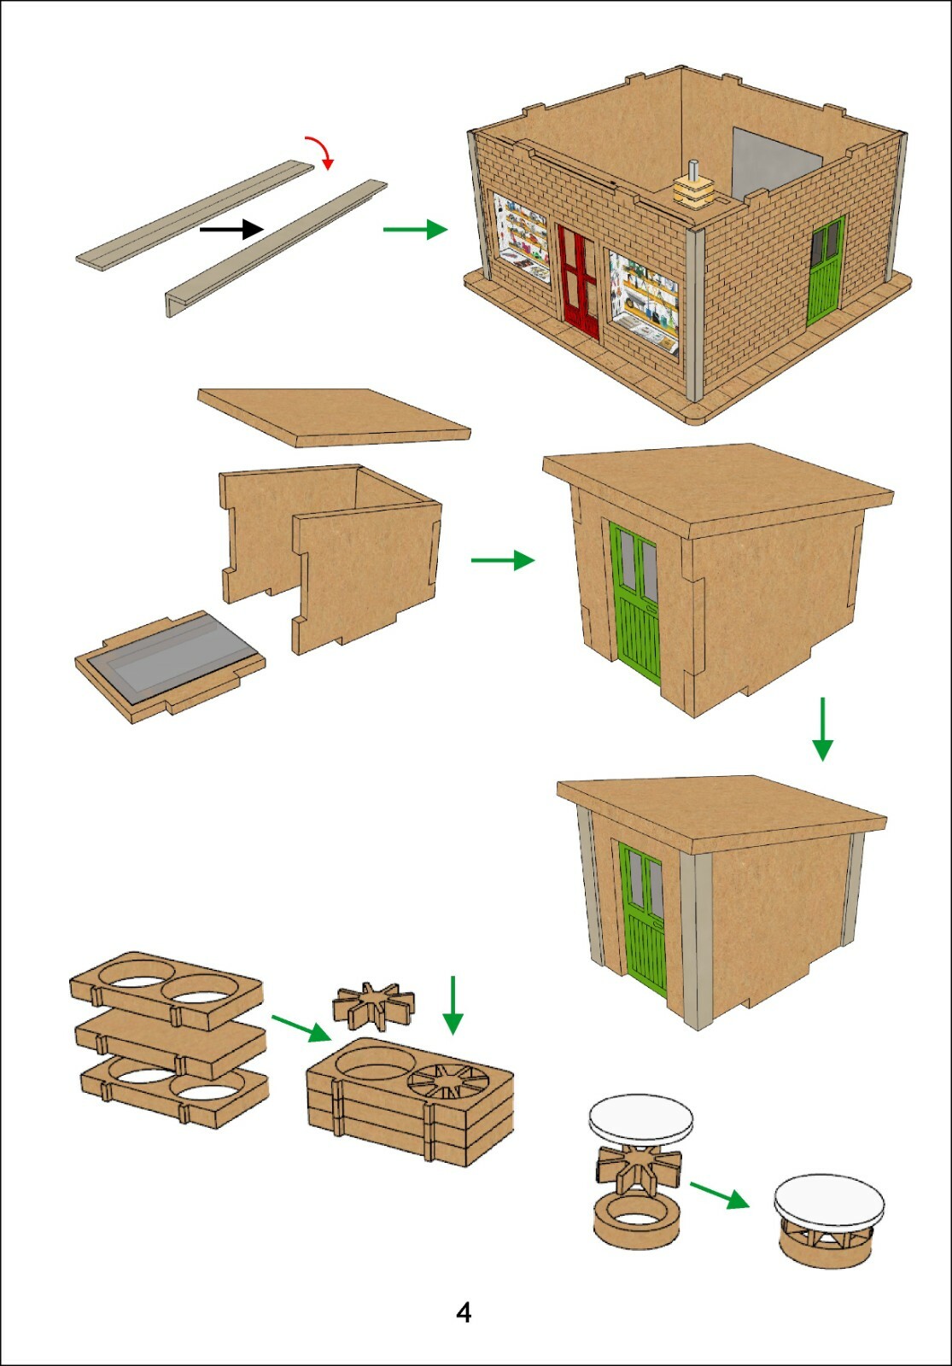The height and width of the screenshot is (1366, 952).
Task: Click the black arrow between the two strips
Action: pos(231,230)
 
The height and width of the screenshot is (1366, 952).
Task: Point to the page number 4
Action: pos(464,1311)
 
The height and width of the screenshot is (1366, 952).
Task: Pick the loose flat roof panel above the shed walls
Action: pos(334,417)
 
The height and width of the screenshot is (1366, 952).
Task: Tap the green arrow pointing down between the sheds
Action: pos(823,729)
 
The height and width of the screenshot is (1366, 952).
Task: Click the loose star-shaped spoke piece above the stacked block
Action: pos(374,1002)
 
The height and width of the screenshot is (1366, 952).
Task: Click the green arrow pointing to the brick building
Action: pos(416,230)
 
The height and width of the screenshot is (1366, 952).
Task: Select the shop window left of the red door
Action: pos(522,237)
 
